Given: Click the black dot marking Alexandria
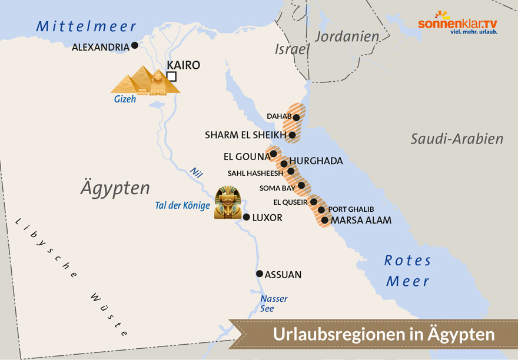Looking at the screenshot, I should (135, 45).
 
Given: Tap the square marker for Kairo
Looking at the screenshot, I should (171, 76).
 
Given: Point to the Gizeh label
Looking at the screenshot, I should (125, 99).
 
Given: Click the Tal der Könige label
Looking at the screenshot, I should (182, 205).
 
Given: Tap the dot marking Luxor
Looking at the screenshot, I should (246, 217).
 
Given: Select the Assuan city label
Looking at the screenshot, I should (283, 275).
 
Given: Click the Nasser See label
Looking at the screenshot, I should (274, 304).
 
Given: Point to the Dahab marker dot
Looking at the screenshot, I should (297, 118).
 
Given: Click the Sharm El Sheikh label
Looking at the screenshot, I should (245, 135).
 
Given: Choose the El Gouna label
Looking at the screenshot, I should (245, 156).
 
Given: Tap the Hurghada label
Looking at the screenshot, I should (316, 161).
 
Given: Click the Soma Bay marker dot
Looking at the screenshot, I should (301, 185).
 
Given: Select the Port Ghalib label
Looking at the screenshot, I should (351, 209).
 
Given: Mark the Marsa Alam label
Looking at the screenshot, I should (361, 221).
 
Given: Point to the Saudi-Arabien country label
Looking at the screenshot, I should (457, 139).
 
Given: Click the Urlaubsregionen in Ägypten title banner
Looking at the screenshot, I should (383, 335).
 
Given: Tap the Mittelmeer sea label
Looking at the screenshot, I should (86, 26).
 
